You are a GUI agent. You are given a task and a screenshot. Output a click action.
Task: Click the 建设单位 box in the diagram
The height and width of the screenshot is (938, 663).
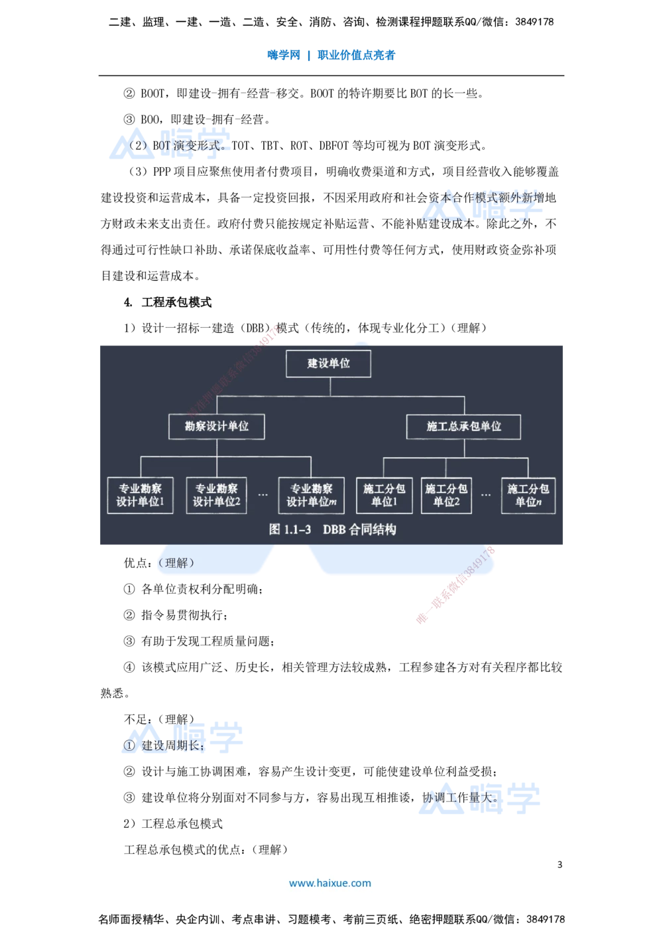[328, 364]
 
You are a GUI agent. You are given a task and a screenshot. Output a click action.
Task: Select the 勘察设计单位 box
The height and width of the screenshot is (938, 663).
[216, 427]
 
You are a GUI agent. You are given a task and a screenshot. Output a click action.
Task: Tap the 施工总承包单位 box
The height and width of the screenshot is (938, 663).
[463, 427]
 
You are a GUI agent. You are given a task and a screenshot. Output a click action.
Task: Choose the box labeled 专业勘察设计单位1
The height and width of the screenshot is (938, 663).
[140, 496]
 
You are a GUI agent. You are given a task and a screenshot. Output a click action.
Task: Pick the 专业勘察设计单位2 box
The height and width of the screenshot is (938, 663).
[216, 496]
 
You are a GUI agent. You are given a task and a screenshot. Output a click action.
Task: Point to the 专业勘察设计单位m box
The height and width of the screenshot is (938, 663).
[311, 496]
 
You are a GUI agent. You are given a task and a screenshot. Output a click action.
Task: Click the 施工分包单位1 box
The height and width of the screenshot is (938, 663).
[384, 496]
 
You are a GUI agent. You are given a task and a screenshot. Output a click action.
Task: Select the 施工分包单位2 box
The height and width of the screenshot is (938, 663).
[446, 496]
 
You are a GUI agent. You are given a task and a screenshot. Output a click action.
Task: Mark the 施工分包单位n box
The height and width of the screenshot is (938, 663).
[528, 496]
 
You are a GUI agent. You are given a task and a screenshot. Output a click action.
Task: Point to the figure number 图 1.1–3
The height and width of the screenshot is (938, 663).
[290, 529]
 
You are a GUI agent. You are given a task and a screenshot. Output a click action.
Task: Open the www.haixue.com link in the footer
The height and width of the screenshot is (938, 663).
[330, 883]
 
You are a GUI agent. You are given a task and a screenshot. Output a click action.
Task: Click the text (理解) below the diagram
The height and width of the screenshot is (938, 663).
[176, 563]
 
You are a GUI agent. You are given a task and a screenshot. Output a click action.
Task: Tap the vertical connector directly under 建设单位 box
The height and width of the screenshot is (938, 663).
[330, 387]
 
